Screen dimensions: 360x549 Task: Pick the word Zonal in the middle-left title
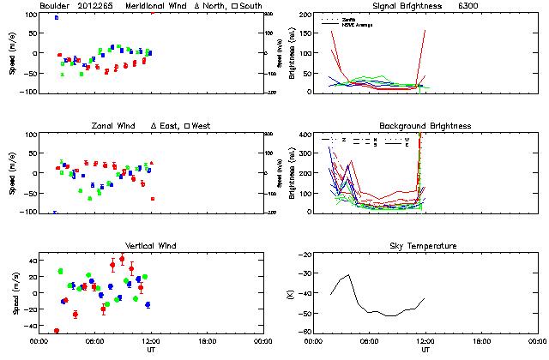point(104,126)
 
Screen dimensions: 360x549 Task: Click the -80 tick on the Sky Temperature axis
point(305,332)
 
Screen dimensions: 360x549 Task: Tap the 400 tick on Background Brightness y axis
point(305,135)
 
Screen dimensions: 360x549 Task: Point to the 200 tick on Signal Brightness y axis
point(305,15)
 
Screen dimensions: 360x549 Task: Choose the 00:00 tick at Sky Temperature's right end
point(538,340)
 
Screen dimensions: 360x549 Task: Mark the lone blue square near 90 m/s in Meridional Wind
point(57,17)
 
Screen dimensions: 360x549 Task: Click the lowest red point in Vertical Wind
point(57,331)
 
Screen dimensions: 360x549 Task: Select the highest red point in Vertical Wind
point(122,259)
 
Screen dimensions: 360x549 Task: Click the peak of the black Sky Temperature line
point(349,275)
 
